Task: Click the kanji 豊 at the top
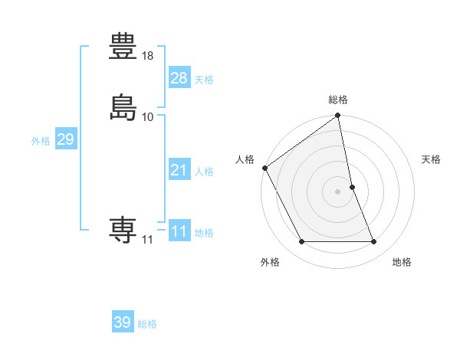coord(123,47)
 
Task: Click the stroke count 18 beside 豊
coord(148,57)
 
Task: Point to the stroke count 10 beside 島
coord(148,116)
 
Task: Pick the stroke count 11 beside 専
coord(147,239)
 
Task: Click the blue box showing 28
coord(179,78)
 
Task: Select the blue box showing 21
coord(179,170)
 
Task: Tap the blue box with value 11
coord(179,231)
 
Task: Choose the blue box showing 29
coord(65,139)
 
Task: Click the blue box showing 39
coord(122,322)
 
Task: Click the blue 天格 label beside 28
coord(204,80)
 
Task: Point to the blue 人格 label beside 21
coord(204,172)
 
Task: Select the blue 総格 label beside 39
coord(147,324)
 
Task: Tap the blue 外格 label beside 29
coord(41,141)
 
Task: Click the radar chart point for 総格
coord(338,116)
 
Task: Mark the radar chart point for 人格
coord(265,168)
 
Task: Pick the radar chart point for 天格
coord(353,187)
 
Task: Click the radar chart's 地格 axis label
coord(402,263)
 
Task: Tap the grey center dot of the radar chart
coord(338,191)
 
